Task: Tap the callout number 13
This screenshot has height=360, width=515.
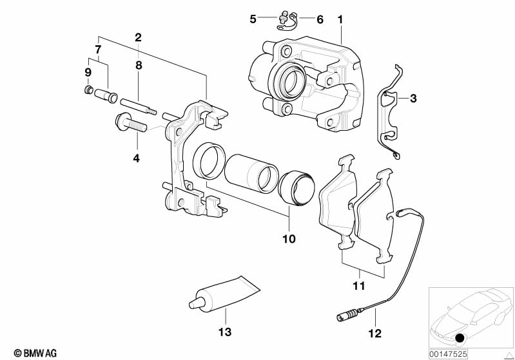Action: (x=226, y=332)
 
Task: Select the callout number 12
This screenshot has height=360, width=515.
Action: (x=374, y=333)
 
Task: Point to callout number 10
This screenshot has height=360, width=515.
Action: (x=288, y=239)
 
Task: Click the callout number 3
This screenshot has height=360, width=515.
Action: (x=413, y=99)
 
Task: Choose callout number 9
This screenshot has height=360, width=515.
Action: (x=88, y=71)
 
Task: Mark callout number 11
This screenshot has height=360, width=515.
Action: (x=358, y=285)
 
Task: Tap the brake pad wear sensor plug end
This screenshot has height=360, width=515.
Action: (x=345, y=316)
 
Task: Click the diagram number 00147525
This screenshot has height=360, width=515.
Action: (x=449, y=352)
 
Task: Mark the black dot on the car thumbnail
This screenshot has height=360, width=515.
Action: (x=459, y=338)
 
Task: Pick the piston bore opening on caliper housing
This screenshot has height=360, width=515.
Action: (x=289, y=82)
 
